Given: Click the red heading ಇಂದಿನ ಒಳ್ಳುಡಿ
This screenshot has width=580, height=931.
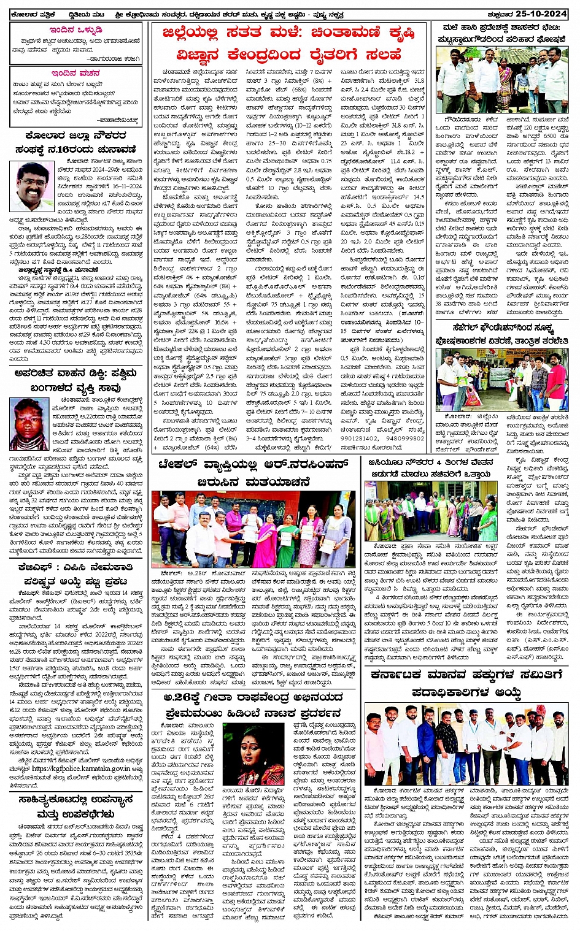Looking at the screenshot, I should [x=75, y=30].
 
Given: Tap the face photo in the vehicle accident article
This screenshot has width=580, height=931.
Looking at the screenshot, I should [x=29, y=424].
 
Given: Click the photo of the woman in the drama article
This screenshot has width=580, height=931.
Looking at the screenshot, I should [x=253, y=754].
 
